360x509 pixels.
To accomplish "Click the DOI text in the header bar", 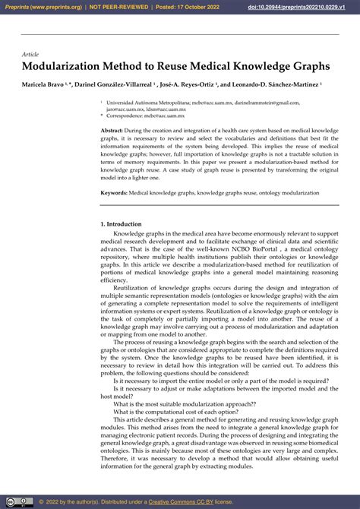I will pyautogui.click(x=295, y=6).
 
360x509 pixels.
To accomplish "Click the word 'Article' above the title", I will pyautogui.click(x=30, y=55).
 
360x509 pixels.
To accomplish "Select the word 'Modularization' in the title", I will pyautogui.click(x=63, y=68).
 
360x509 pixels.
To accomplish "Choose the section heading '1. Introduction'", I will pyautogui.click(x=122, y=224).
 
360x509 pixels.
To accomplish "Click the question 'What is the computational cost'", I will pyautogui.click(x=171, y=413).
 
